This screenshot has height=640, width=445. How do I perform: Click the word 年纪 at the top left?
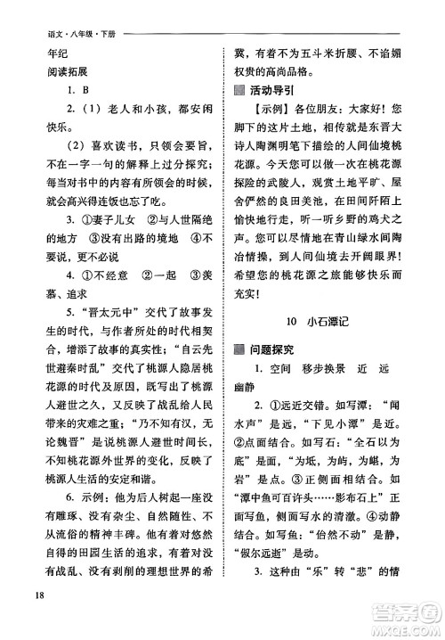[x=44, y=56]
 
